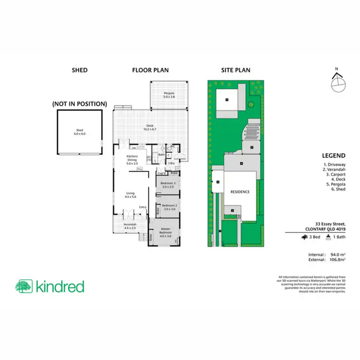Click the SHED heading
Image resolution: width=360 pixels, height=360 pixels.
point(80,70)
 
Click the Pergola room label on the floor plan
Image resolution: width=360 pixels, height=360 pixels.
point(168,94)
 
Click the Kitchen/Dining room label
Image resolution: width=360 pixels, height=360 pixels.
point(131,161)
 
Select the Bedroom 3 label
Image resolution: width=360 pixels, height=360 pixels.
point(168,185)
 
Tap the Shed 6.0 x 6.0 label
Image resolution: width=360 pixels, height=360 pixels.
point(80,132)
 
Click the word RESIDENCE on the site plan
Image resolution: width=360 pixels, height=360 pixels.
point(240,192)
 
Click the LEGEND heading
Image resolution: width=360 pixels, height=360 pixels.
point(335,156)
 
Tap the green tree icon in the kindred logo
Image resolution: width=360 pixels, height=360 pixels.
point(24,287)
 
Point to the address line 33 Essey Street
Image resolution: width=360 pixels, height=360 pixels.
point(331,223)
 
